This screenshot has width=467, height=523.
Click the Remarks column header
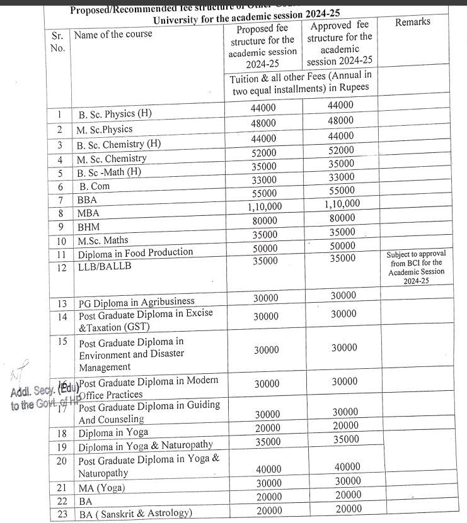click(413, 22)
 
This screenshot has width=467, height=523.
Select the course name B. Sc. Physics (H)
click(115, 115)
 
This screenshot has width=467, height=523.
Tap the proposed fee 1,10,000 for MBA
click(263, 206)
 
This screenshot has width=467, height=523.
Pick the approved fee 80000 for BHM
click(342, 217)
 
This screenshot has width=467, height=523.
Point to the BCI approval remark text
click(415, 267)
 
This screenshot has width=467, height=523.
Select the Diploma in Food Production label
click(135, 253)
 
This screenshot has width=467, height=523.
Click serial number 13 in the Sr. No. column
click(62, 303)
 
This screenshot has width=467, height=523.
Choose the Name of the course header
click(113, 34)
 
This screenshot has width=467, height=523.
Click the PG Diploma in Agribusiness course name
click(136, 303)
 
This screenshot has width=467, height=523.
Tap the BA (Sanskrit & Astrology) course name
click(134, 513)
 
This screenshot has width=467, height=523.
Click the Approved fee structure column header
click(340, 43)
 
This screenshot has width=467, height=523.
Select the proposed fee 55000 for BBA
click(263, 193)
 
